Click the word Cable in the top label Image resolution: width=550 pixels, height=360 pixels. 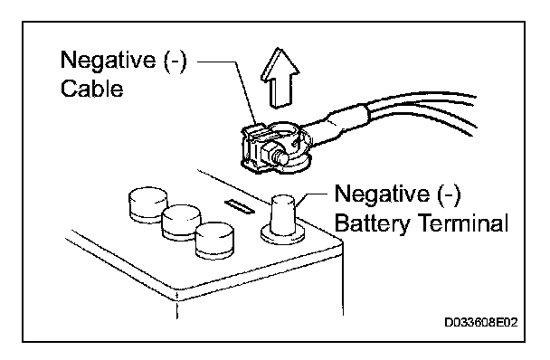tap(92, 89)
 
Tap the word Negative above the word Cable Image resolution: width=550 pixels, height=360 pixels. tap(108, 60)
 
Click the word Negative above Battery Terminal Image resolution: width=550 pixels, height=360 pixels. tap(382, 194)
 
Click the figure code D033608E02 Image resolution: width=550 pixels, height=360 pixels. tap(481, 322)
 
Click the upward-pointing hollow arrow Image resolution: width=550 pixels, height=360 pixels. tap(280, 77)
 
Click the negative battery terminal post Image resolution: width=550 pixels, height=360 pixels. tap(283, 214)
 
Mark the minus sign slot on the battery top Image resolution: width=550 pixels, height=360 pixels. tap(240, 206)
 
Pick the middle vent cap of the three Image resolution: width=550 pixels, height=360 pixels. tap(181, 223)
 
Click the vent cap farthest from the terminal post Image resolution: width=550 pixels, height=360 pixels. tap(148, 205)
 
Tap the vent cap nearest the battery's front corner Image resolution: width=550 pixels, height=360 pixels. tap(214, 241)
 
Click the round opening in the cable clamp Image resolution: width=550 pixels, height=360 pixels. tap(283, 132)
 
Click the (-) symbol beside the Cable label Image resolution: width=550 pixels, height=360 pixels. tap(175, 61)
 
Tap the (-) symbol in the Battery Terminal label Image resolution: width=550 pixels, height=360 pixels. tap(449, 194)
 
